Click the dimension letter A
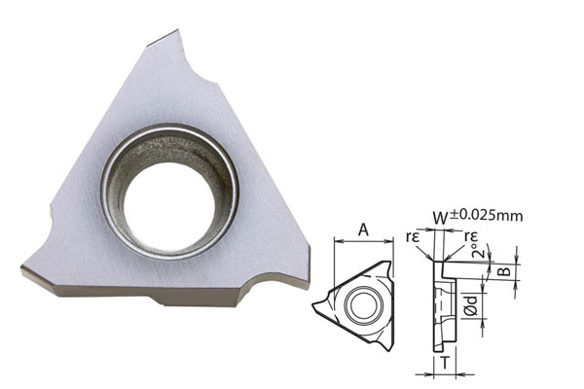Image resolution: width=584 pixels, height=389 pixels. click(x=363, y=229)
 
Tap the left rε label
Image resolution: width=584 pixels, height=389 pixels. click(x=415, y=236)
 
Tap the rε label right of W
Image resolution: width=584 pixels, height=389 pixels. click(x=471, y=236)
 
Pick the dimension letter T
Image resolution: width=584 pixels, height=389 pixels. click(x=442, y=362)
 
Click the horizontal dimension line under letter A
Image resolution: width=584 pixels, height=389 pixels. click(x=363, y=240)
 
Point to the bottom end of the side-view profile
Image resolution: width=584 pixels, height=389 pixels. click(x=444, y=347)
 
